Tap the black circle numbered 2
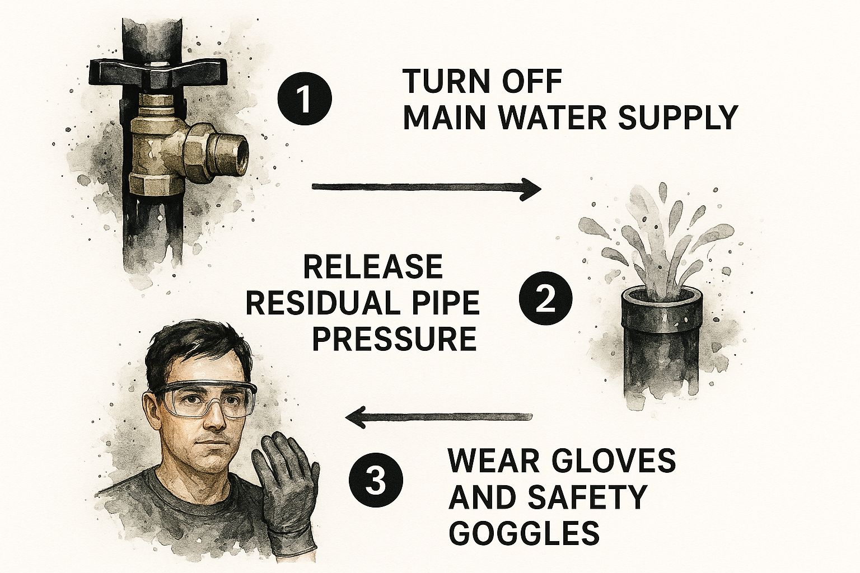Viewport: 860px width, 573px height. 545,298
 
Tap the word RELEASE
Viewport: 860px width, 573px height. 373,267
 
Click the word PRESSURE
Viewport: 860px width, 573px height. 395,339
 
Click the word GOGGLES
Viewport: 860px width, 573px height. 524,532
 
